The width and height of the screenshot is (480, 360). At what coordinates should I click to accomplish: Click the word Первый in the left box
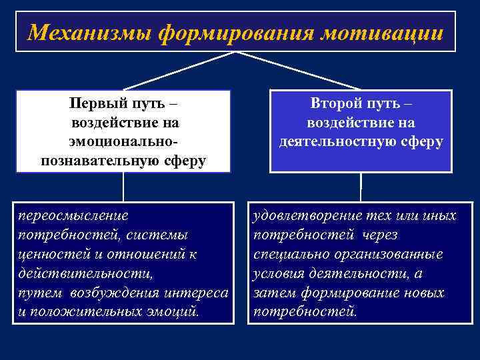click(99, 105)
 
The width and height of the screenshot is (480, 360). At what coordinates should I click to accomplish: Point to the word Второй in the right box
click(337, 105)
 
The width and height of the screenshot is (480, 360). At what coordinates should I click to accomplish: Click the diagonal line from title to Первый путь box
click(180, 71)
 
